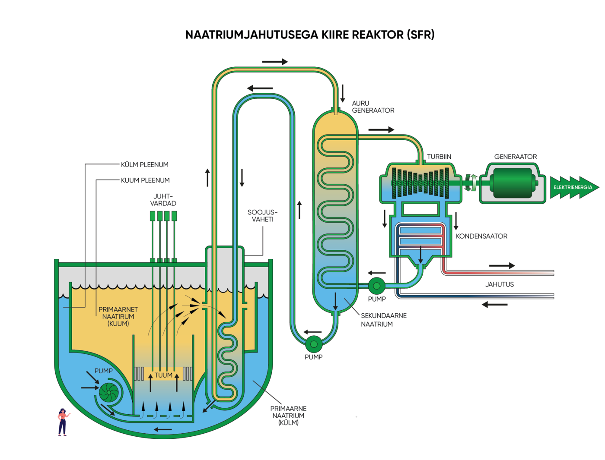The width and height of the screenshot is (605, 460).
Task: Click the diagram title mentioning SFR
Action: [310, 35]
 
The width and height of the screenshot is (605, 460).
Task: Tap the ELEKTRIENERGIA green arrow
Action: [573, 187]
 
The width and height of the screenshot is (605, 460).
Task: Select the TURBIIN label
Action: [439, 157]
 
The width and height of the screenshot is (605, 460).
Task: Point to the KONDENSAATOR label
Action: [481, 236]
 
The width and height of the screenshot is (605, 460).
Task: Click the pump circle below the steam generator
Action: [314, 344]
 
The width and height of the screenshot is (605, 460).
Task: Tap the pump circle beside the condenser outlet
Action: [376, 285]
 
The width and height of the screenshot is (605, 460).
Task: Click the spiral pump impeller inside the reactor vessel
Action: [108, 392]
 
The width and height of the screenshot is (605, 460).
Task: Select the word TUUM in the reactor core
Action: [163, 375]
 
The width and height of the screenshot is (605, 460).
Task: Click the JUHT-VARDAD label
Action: [163, 200]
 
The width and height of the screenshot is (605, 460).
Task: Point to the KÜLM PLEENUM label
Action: [145, 164]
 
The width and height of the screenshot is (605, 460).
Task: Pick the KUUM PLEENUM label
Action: [145, 180]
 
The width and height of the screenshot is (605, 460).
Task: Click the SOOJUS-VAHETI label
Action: [262, 216]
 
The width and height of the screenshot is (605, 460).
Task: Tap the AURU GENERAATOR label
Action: [373, 107]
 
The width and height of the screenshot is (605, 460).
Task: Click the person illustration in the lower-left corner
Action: [63, 422]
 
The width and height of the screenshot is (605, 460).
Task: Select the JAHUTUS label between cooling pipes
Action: [499, 284]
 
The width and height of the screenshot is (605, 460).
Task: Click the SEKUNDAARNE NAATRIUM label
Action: [383, 320]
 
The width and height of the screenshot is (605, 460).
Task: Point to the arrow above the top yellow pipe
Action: [275, 62]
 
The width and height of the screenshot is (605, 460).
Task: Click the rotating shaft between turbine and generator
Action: [471, 183]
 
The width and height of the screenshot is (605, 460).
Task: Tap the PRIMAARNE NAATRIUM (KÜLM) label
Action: [288, 415]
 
